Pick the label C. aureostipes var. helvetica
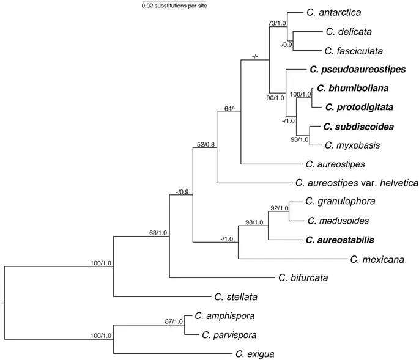tap(356, 183)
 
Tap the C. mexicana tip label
tap(377, 259)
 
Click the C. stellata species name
tap(235, 297)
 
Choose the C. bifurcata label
tap(303, 278)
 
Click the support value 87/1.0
tap(174, 321)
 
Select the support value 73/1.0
tap(277, 23)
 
